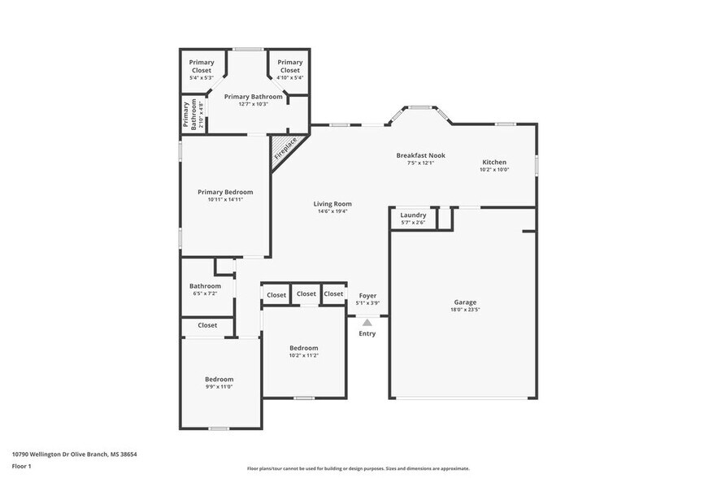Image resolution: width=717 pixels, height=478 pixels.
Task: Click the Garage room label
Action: (465, 302)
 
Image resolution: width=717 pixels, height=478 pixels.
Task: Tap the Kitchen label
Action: (494, 162)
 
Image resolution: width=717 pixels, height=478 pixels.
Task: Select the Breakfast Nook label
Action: (420, 155)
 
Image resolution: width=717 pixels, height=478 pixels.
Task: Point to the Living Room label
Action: (332, 204)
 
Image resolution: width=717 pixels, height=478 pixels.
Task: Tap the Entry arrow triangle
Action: (367, 323)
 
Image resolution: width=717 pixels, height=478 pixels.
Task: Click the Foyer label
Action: (367, 295)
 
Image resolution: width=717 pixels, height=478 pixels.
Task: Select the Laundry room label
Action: (413, 215)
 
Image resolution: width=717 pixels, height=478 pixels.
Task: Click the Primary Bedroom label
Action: (225, 192)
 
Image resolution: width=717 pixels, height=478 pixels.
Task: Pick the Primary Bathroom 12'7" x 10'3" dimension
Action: (253, 104)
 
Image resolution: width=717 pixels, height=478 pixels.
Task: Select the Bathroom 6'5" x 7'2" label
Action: (205, 285)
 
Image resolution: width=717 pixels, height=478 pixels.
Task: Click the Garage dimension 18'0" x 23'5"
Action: (465, 310)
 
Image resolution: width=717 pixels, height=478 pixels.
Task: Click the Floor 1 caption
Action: (21, 466)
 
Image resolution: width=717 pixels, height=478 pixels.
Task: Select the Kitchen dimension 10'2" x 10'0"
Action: (494, 170)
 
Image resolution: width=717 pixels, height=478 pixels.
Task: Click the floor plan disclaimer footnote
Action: (358, 468)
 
